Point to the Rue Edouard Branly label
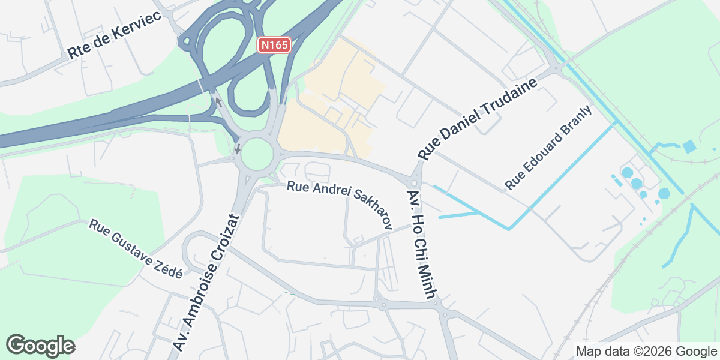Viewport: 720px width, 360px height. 548,148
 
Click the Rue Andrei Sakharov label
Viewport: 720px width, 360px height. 340,203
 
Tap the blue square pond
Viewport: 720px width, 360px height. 689,146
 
